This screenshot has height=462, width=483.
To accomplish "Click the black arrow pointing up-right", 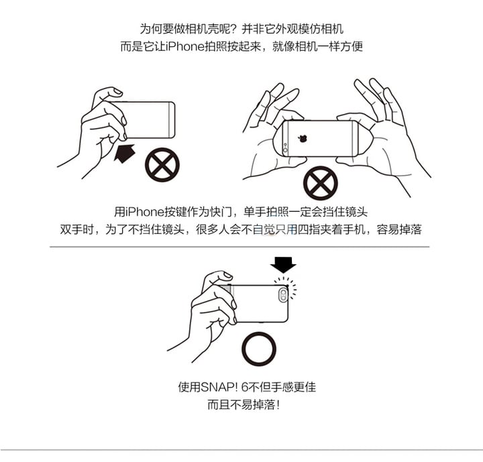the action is pos(125,153).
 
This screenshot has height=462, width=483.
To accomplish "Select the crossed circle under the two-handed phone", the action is pos(321,183).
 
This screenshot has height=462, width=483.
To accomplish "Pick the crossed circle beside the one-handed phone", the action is pos(162,165).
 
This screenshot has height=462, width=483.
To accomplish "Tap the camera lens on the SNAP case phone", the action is pos(283,295).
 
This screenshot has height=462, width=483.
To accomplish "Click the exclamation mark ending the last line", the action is pos(278,405).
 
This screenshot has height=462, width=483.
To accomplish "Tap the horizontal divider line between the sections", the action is pos(239,247).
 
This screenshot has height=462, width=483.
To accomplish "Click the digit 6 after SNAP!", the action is pos(244,387).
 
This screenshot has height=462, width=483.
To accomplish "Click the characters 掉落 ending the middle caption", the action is pos(410,229).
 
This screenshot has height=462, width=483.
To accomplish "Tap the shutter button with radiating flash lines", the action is pos(287,286).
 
